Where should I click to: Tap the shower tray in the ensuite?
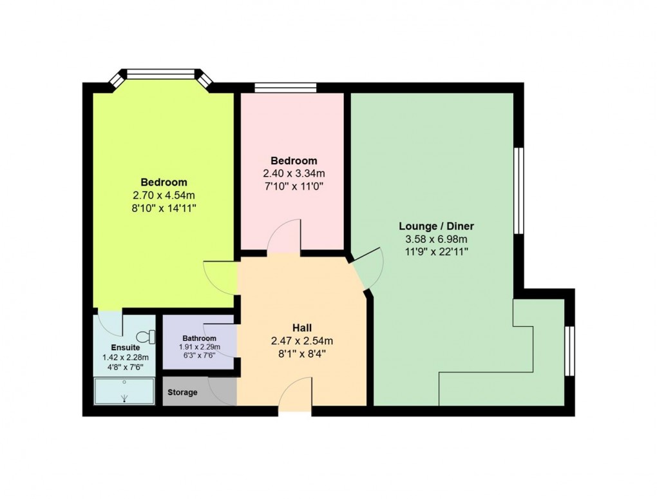(x=124, y=391)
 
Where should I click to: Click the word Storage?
(x=182, y=393)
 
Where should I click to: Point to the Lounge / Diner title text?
(x=436, y=226)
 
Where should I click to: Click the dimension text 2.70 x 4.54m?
(x=164, y=195)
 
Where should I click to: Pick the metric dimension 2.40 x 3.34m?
(x=294, y=173)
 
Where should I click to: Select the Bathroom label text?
(x=199, y=338)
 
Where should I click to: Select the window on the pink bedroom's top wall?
(x=285, y=88)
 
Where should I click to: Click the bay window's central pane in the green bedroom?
(x=160, y=74)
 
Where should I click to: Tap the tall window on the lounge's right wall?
(x=517, y=190)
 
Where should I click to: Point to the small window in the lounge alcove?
(x=568, y=351)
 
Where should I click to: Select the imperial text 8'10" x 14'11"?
(x=164, y=208)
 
